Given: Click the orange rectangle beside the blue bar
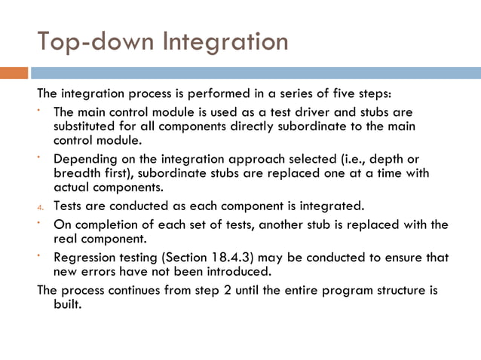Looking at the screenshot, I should point(14,73).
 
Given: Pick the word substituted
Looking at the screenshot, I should point(84,126).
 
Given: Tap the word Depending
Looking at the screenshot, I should point(82,158).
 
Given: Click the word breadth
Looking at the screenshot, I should point(75,172).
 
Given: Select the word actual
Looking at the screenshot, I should point(70,186).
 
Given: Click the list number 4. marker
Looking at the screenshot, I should point(41,206).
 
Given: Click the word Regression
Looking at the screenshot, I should point(84,257).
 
